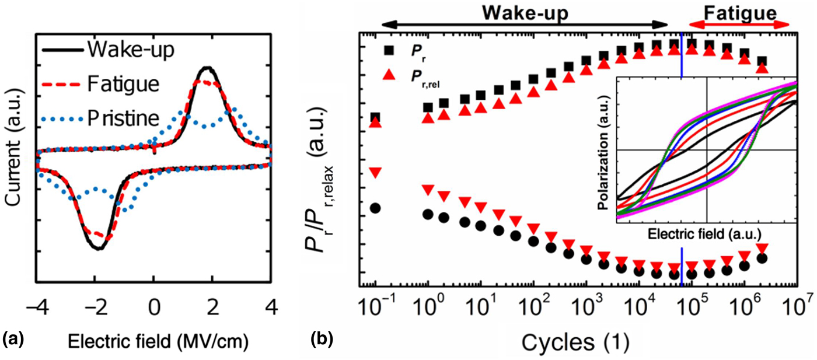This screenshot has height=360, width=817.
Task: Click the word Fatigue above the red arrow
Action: [x=740, y=12]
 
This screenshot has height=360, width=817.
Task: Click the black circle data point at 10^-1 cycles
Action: [x=376, y=208]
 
